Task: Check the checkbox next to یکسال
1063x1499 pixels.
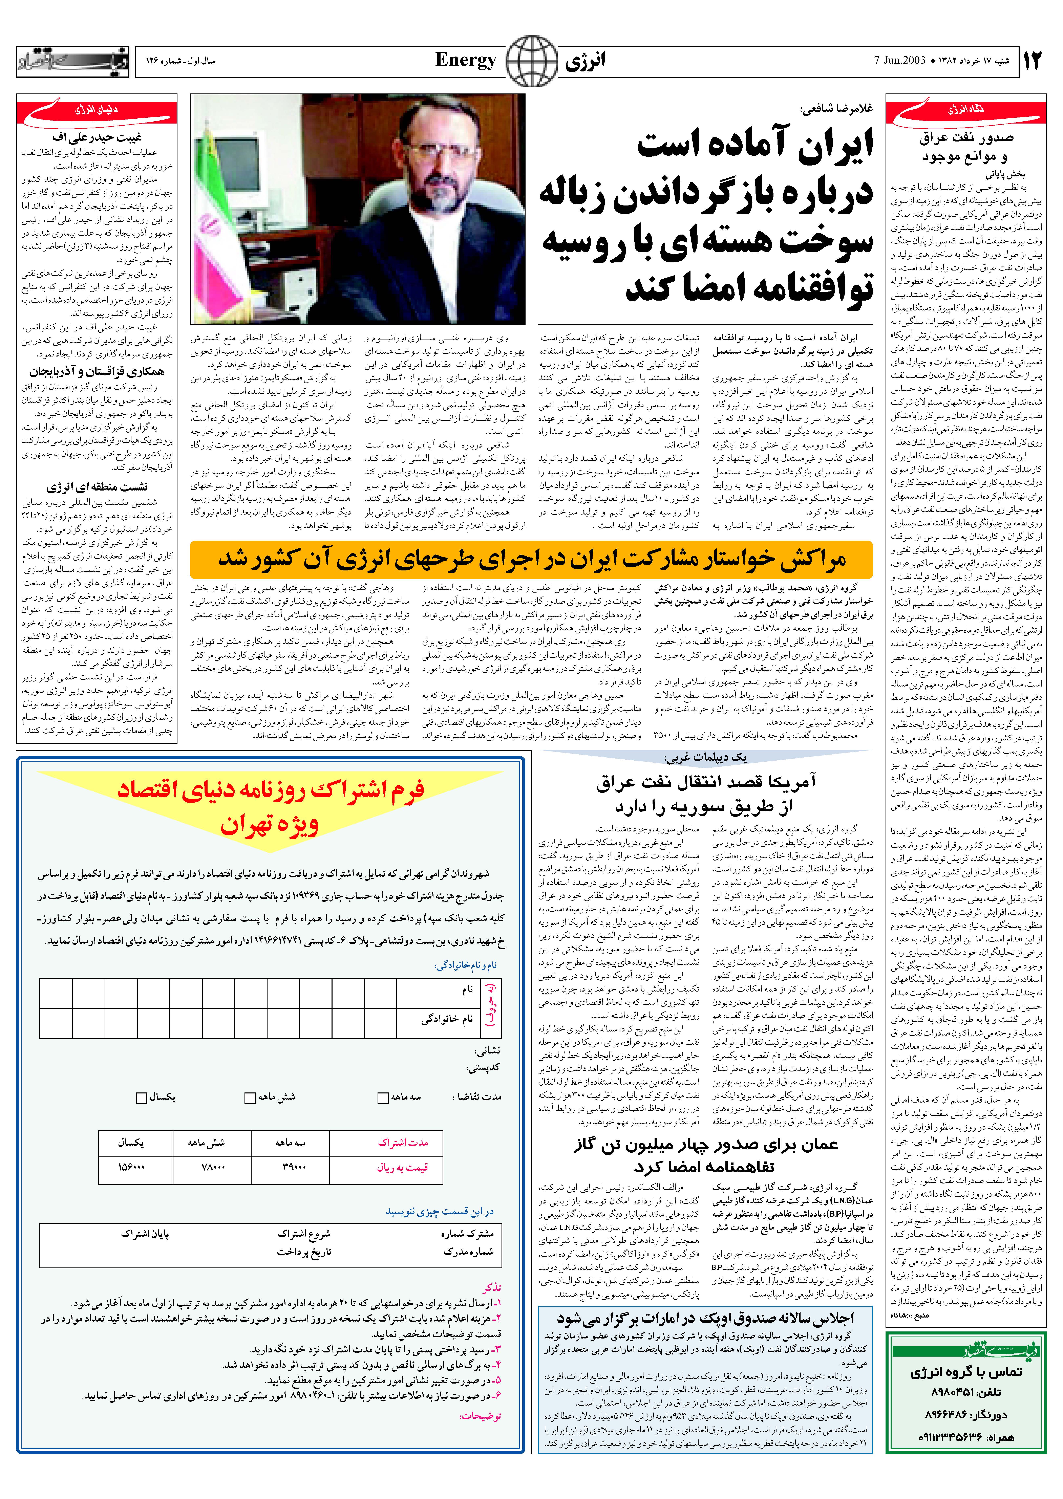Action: [x=141, y=1097]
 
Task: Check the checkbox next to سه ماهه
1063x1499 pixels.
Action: [x=384, y=1097]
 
